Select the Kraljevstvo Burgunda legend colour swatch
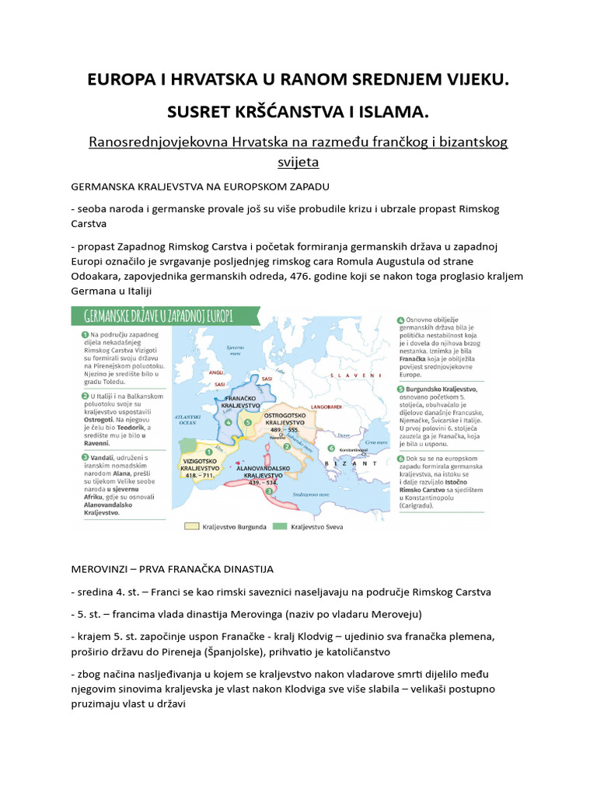coord(192,525)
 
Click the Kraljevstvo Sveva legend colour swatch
coord(281,525)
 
